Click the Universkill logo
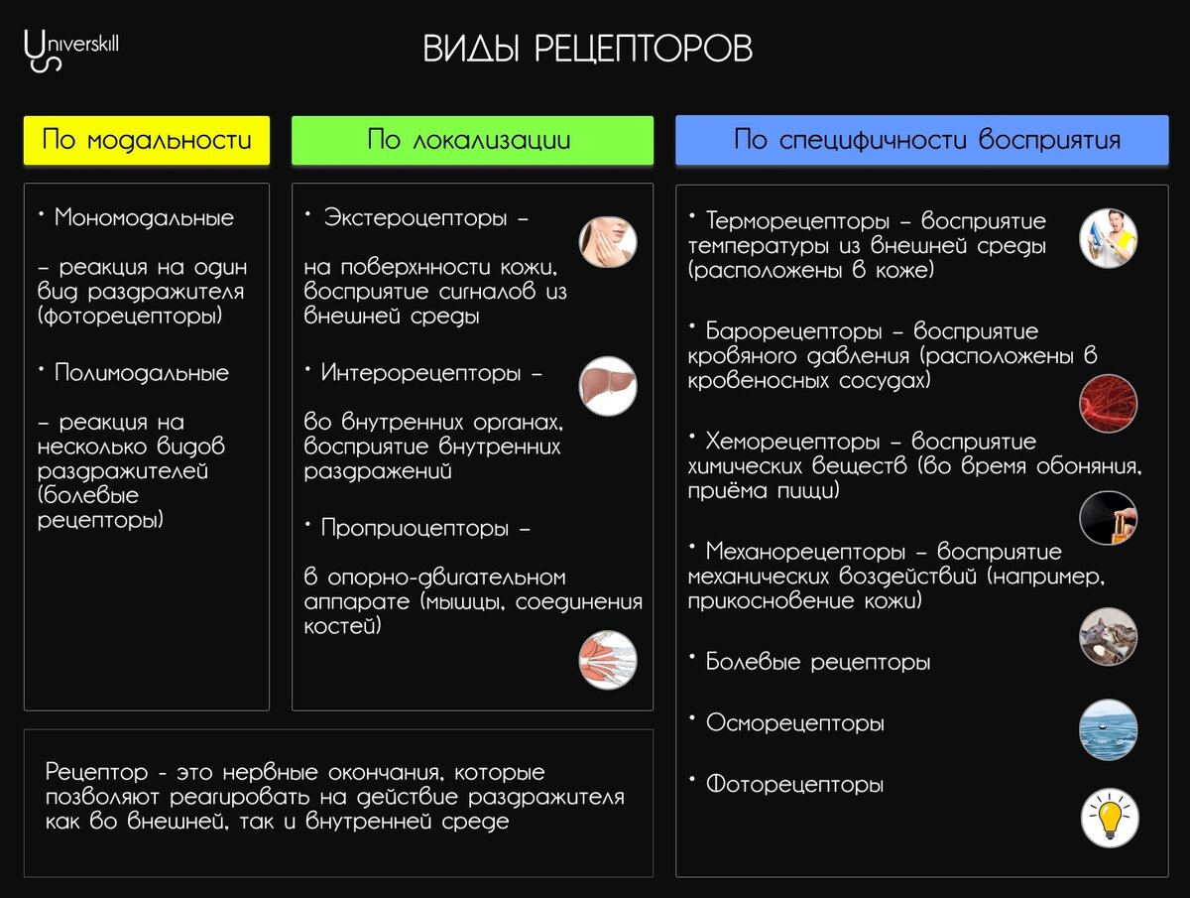(x=69, y=48)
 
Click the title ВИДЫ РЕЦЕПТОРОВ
(x=588, y=50)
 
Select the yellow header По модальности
(x=147, y=140)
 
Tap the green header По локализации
(x=472, y=140)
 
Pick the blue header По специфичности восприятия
(x=921, y=140)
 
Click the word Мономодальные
(x=144, y=217)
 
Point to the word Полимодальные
(x=142, y=373)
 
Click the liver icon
(x=608, y=385)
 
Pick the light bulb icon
(x=1109, y=818)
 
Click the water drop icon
(x=1108, y=729)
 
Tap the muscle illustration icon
(x=608, y=660)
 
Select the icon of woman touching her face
(x=608, y=242)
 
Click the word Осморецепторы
(x=794, y=723)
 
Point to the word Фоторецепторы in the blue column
(x=794, y=785)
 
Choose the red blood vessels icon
(x=1108, y=403)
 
